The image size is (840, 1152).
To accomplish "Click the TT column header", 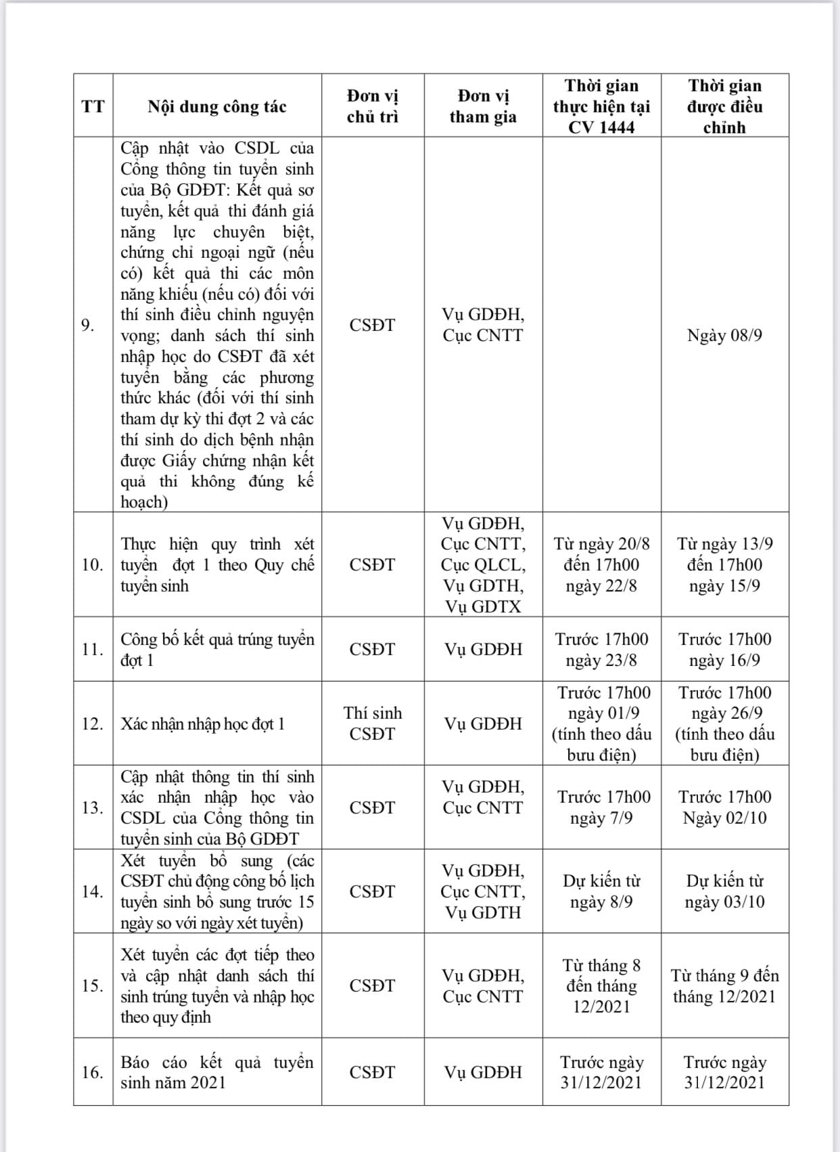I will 93,106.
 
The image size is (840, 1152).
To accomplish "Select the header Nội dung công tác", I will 217,106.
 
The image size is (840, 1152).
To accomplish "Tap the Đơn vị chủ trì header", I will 373,106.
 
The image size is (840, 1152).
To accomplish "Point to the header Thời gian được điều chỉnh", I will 724,106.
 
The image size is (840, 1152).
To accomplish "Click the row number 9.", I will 88,325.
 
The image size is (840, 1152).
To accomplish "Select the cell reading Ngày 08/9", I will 724,335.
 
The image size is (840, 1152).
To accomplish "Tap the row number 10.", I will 91,564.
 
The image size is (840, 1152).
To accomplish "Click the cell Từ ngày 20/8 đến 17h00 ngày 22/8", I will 601,564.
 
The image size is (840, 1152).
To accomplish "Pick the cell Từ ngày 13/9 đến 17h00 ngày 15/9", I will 724,564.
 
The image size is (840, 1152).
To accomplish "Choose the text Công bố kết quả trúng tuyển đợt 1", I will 217,649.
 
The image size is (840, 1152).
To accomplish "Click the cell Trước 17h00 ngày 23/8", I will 601,649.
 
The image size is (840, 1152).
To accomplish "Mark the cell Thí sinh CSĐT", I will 373,723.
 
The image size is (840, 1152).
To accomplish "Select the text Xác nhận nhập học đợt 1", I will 203,724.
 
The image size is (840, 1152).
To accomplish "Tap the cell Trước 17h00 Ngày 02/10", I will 724,807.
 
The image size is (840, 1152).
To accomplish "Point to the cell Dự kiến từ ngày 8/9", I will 601,891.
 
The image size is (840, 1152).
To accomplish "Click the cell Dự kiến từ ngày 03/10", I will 724,891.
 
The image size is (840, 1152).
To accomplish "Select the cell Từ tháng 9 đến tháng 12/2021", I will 724,985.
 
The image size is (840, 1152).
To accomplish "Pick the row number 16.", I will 91,1072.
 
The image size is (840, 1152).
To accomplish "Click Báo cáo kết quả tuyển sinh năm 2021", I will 217,1072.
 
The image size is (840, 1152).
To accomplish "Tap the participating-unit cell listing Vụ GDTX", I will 483,564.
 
